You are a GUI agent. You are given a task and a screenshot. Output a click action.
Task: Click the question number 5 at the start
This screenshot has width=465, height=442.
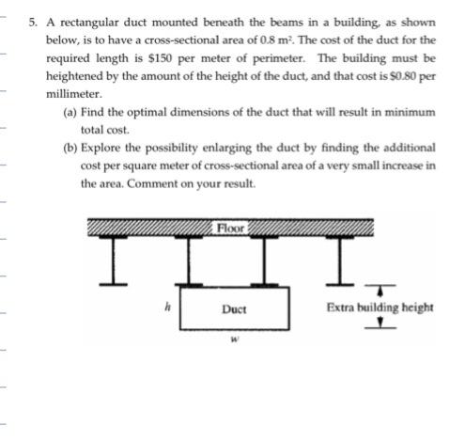(34, 21)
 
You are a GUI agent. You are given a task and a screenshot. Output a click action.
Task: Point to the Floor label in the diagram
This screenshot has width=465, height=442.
(230, 228)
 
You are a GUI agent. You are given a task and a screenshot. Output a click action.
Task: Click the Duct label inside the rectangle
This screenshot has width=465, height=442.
(234, 308)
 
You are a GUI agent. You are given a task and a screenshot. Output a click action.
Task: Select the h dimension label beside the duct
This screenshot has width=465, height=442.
(165, 305)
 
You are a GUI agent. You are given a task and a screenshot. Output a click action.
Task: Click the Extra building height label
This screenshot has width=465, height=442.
(379, 307)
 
